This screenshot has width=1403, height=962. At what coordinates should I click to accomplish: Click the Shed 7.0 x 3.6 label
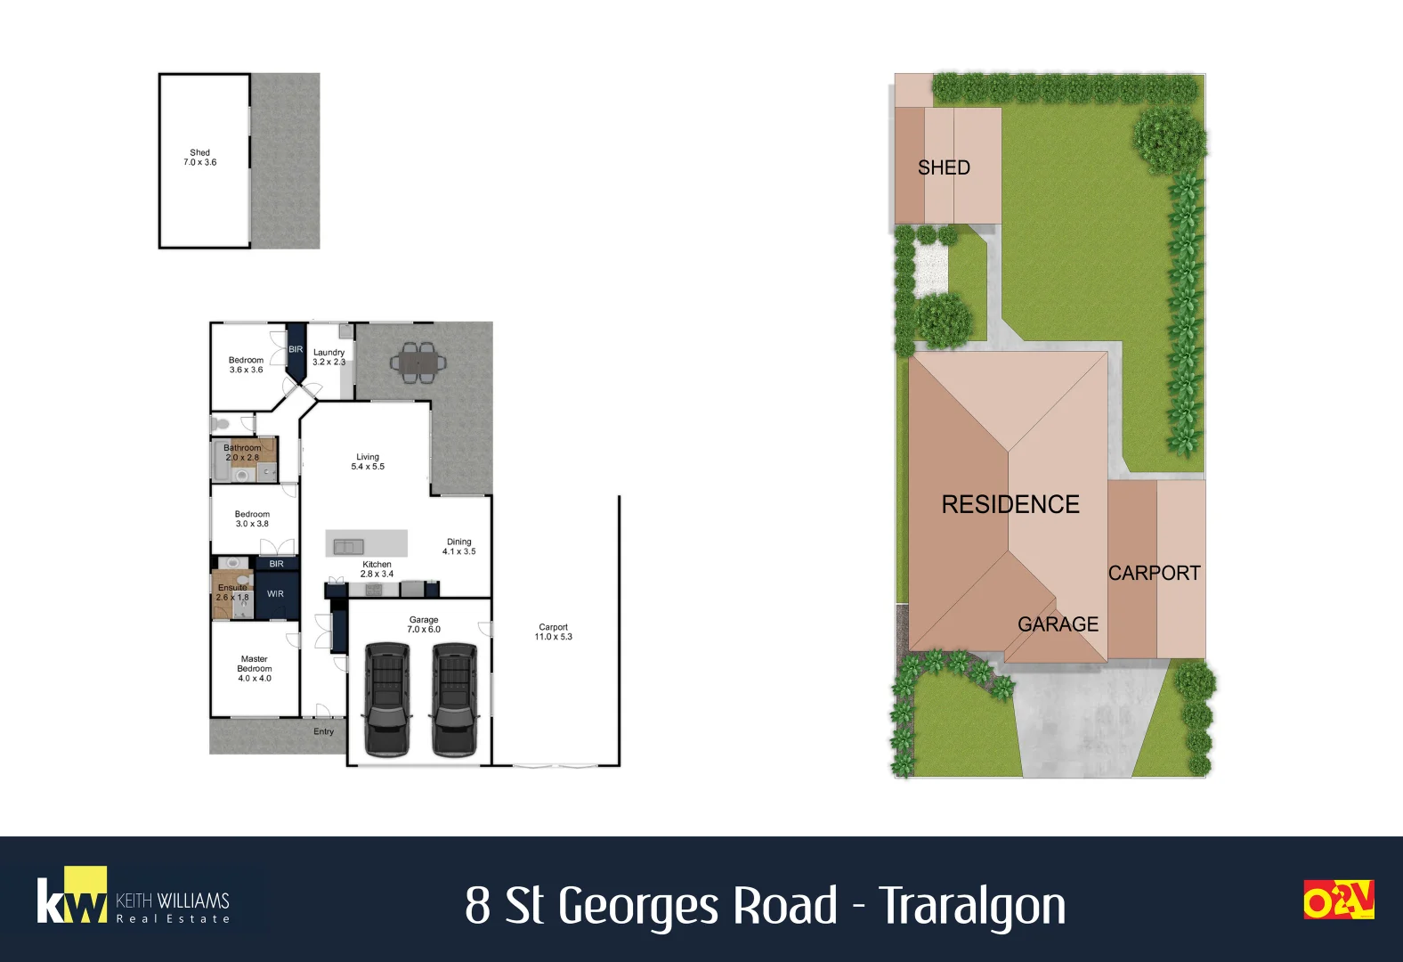coord(200,158)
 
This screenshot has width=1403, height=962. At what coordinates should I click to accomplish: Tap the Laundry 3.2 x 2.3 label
coord(328,357)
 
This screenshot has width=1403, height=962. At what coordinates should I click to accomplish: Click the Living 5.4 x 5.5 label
coord(368,461)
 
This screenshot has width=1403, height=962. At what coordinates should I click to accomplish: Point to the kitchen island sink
coord(348,546)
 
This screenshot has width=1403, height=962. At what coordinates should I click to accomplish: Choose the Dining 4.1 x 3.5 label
coord(459,546)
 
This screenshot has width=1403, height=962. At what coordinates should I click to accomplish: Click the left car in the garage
coord(387,699)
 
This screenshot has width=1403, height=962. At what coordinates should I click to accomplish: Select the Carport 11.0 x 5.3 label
coord(554,632)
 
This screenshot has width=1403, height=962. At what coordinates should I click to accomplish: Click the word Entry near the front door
coord(323,732)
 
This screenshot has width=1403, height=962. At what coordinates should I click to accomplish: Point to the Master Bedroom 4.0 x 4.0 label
coord(255,669)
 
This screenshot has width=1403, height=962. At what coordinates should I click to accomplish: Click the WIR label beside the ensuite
coord(276,594)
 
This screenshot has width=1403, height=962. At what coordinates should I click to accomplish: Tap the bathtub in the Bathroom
coord(219,461)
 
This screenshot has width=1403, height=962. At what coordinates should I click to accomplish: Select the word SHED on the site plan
coord(944,167)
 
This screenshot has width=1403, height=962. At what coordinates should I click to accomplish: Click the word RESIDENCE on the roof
coord(1010,504)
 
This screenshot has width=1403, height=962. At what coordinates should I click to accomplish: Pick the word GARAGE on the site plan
coord(1058,624)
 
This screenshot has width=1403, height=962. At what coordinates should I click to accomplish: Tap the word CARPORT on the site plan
coord(1154,573)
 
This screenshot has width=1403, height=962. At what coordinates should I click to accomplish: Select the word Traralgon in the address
coord(972,907)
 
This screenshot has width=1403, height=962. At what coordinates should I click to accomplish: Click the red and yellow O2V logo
coord(1338,900)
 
